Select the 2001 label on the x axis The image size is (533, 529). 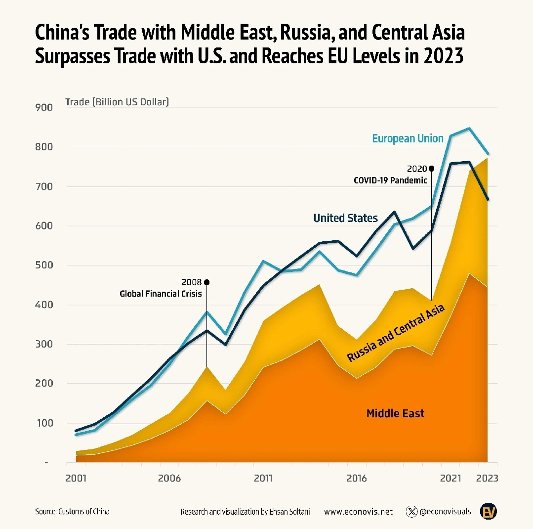(x=76, y=479)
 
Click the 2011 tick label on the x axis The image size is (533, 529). (x=263, y=479)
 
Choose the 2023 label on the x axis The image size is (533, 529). (x=488, y=479)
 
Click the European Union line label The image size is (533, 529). (x=408, y=138)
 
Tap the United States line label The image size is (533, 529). (x=345, y=218)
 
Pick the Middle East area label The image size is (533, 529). (x=395, y=413)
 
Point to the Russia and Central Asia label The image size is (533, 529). (x=396, y=333)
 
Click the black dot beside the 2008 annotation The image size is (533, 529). (x=206, y=282)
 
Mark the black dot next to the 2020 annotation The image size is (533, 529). (x=431, y=169)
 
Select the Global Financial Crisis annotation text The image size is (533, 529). (x=161, y=294)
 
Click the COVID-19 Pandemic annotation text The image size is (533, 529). (x=390, y=180)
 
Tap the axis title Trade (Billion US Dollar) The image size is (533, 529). (x=117, y=102)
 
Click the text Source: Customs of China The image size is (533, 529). (x=72, y=512)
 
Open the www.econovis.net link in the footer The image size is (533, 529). (x=358, y=512)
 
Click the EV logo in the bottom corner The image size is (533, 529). (x=489, y=512)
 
